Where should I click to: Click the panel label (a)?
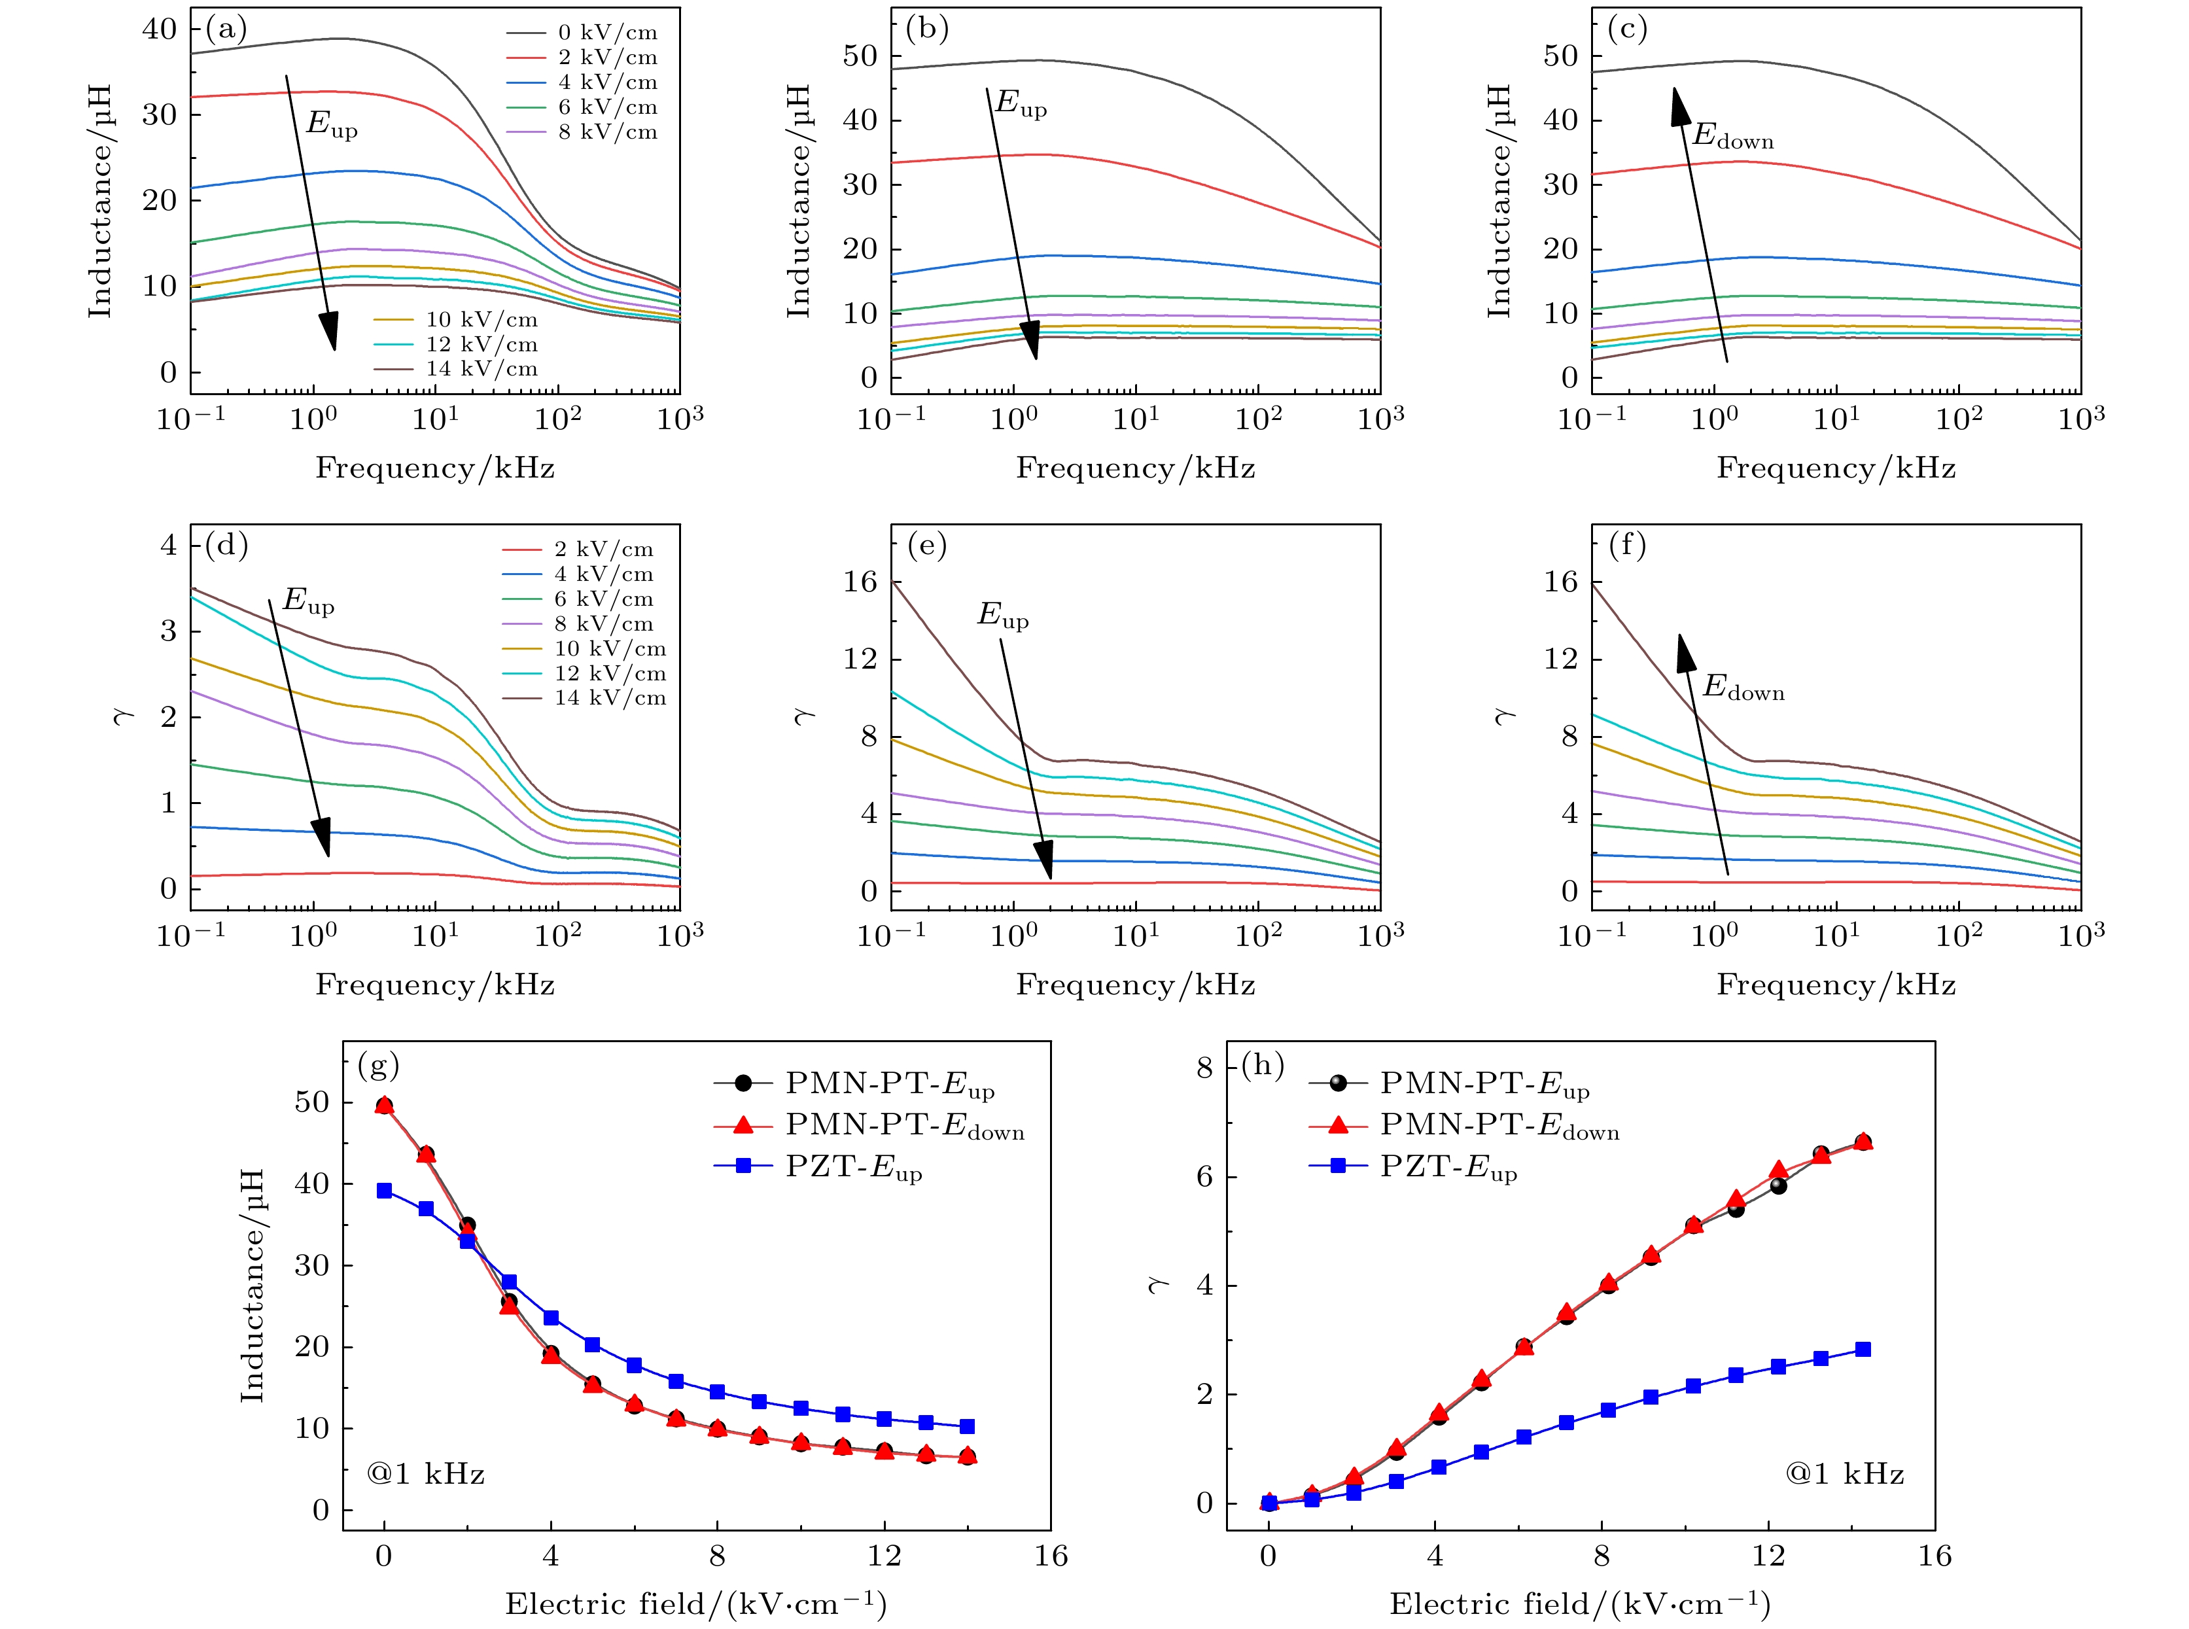[x=226, y=29]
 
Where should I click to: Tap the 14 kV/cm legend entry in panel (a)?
[x=482, y=369]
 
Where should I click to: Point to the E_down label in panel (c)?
[x=1732, y=137]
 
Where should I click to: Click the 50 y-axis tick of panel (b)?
[x=859, y=56]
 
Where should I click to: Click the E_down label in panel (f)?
[x=1743, y=688]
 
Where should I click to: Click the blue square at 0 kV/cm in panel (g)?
[x=385, y=1190]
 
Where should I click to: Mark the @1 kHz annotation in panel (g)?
[x=426, y=1474]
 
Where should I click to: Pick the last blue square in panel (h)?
[x=1863, y=1349]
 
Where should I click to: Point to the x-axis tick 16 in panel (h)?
[x=1935, y=1556]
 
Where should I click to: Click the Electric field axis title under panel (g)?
[x=695, y=1604]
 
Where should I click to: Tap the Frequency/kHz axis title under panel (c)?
[x=1835, y=467]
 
